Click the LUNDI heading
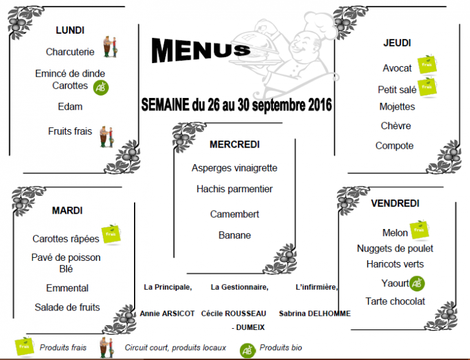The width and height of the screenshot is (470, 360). pos(70,30)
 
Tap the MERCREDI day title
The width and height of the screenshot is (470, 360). pos(234,144)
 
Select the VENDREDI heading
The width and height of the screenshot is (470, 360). pos(395,203)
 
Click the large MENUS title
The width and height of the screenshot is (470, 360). pos(200,50)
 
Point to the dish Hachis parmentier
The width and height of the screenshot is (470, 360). pos(234,189)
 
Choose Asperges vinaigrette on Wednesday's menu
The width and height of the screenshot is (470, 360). pos(234,168)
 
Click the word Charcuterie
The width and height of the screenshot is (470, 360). pos(70,52)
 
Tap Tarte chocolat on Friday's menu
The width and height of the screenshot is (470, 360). pos(395,301)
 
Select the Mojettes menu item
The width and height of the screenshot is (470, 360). pos(397,107)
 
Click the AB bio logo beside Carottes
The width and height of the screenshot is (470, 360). pos(101,88)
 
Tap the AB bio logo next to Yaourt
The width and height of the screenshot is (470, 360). pos(417,283)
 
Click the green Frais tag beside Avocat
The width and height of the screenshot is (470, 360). pos(427,64)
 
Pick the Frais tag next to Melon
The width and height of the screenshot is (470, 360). pos(419,230)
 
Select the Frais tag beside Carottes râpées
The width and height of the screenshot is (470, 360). pos(111,234)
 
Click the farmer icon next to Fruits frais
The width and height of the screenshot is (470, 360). pos(106,137)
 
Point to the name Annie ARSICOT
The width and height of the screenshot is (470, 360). pos(167,314)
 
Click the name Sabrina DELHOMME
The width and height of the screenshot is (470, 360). pos(315,314)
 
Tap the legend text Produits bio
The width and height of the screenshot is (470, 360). pos(280,347)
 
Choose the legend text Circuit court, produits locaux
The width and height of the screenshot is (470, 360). pos(176,348)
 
